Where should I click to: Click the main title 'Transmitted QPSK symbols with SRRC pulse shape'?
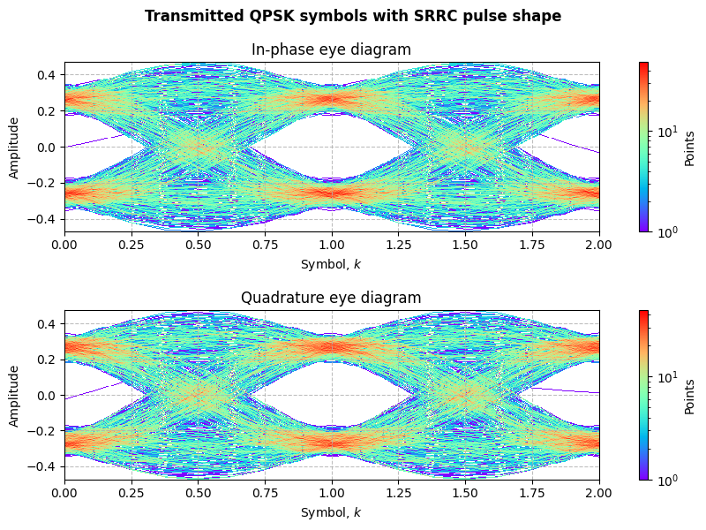point(353,16)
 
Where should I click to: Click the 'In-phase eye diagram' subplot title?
point(331,49)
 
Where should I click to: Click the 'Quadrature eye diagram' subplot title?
point(331,298)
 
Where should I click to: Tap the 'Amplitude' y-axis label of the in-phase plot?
point(14,147)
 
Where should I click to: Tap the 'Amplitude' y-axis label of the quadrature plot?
point(14,395)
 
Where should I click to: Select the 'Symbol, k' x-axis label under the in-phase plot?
point(331,264)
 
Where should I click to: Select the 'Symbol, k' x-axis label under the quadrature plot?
point(331,512)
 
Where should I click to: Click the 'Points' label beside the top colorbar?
point(691,147)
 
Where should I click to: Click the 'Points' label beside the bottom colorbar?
point(691,395)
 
